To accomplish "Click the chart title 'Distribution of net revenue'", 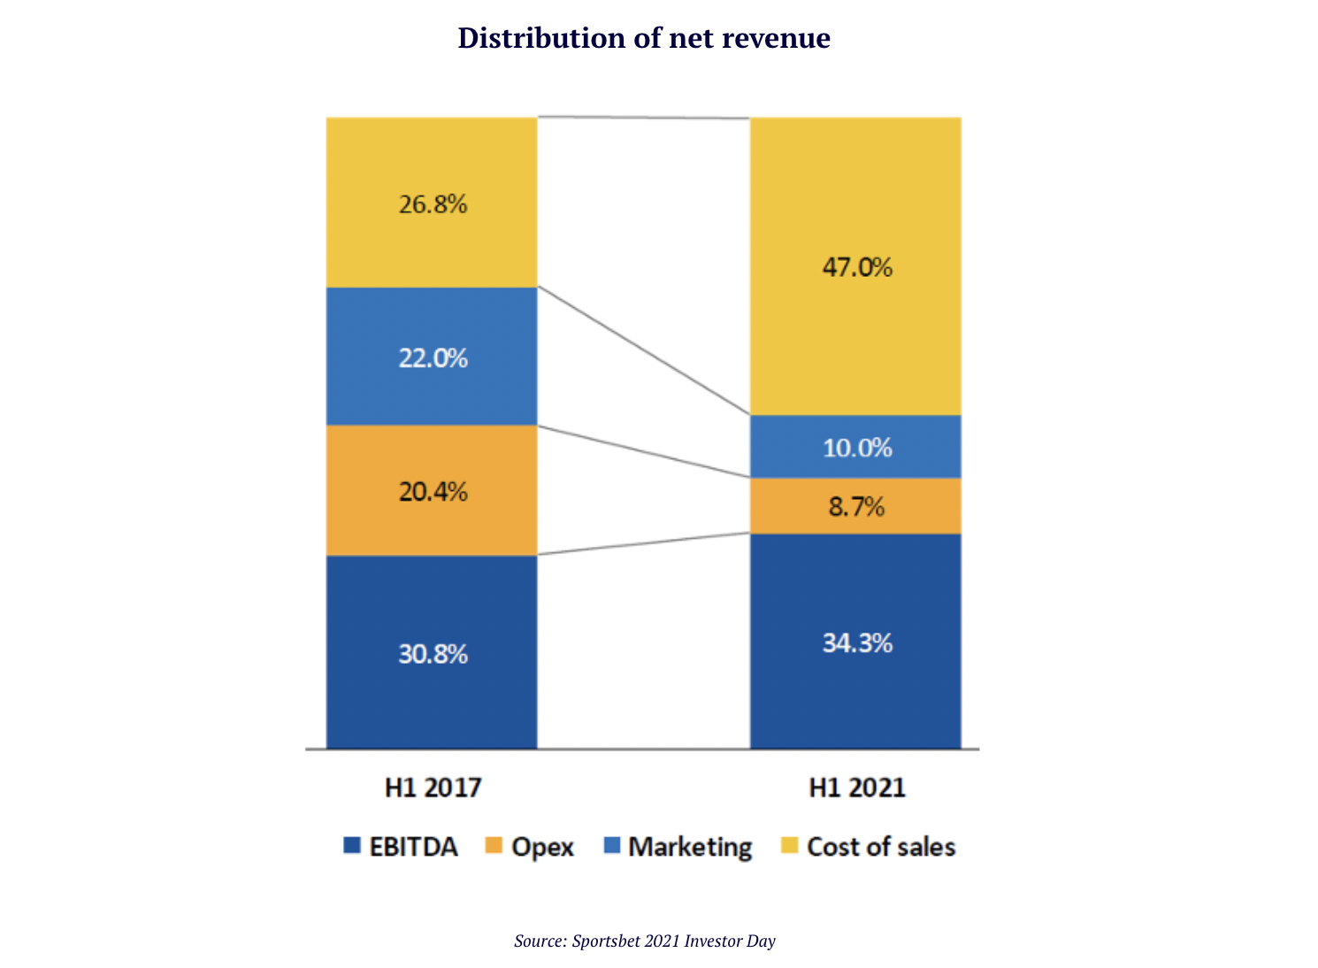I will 643,38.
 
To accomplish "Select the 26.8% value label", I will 433,204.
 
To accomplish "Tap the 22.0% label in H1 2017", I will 433,358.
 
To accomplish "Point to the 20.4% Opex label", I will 433,491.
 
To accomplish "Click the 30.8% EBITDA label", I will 433,654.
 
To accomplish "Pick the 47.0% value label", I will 857,266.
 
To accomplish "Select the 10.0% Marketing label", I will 857,448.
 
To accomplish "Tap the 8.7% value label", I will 856,507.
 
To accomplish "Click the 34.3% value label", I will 857,642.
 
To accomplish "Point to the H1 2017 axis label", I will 433,787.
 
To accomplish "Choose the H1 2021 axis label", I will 857,787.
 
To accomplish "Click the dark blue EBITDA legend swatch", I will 352,846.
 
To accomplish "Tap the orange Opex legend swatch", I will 494,846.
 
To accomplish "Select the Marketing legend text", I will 690,847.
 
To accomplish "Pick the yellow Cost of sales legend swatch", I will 789,846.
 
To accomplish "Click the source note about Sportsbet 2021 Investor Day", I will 644,941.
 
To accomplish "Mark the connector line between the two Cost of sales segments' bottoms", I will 644,350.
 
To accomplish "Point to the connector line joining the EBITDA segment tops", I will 644,544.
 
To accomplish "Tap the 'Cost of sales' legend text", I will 881,847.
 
